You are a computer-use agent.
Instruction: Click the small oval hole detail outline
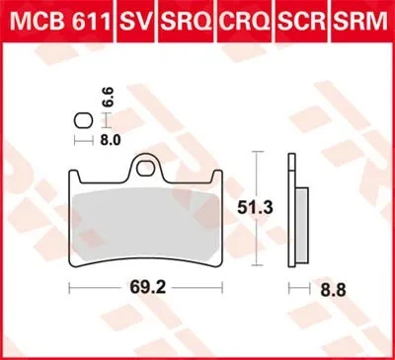tap(85, 121)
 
